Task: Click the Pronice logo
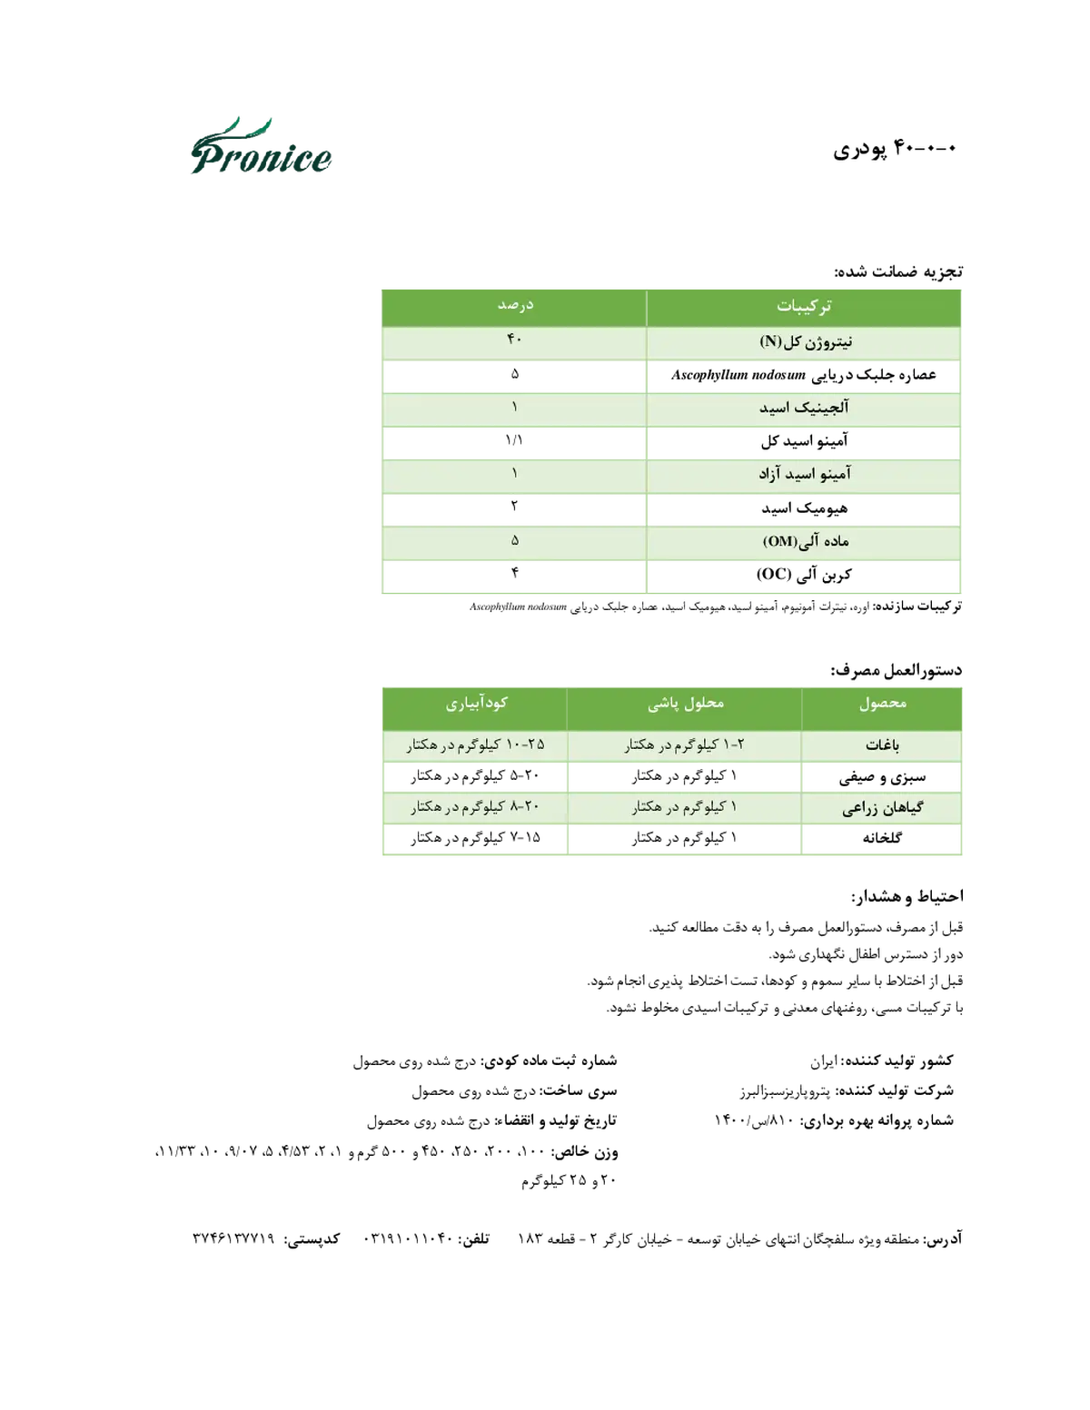(261, 146)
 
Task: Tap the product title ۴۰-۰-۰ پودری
(895, 149)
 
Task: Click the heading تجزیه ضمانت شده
(897, 271)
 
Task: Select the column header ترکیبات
(804, 306)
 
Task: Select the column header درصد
(515, 305)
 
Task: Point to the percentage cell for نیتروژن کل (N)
(514, 340)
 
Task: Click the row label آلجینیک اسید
(804, 408)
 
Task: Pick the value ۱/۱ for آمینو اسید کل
(514, 440)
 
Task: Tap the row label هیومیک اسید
(805, 508)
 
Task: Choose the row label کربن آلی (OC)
(804, 574)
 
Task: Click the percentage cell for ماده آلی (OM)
(514, 540)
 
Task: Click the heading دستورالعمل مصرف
(897, 670)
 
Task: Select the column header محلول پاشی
(686, 704)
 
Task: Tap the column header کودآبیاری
(477, 704)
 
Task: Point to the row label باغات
(882, 745)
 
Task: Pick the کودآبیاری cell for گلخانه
(475, 838)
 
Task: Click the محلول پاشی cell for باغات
(685, 744)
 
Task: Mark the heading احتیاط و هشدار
(907, 897)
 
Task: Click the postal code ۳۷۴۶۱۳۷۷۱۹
(233, 1238)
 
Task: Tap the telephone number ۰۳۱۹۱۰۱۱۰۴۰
(407, 1238)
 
